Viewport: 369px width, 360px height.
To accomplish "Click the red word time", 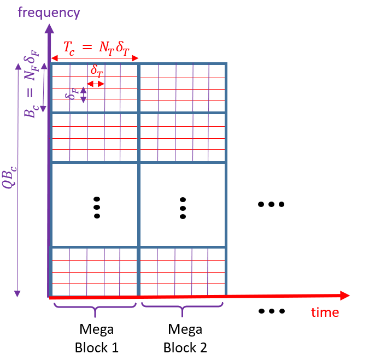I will pos(325,312).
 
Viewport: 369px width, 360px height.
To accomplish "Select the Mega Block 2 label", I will pos(185,338).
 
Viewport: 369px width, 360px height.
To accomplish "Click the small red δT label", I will pos(96,71).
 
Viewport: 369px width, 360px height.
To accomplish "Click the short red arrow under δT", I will pos(96,84).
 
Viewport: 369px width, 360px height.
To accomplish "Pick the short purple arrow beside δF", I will pos(83,95).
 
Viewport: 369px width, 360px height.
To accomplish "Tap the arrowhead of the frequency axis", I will pos(49,28).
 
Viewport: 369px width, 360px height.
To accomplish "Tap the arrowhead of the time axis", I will pos(344,296).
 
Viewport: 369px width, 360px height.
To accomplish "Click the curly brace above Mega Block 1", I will pos(95,310).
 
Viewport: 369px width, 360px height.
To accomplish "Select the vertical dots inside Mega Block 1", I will pos(97,207).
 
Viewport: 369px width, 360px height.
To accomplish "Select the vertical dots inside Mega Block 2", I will pos(183,208).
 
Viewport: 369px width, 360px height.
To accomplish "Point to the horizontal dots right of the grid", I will pos(271,205).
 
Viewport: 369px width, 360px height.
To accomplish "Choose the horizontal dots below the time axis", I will pos(271,311).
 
